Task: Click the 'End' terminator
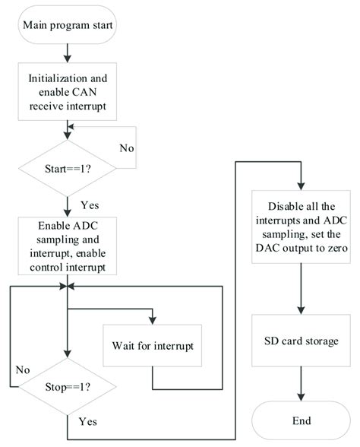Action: [x=302, y=420]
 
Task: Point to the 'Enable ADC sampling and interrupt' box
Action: [x=68, y=246]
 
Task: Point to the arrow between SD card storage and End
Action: [x=302, y=388]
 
